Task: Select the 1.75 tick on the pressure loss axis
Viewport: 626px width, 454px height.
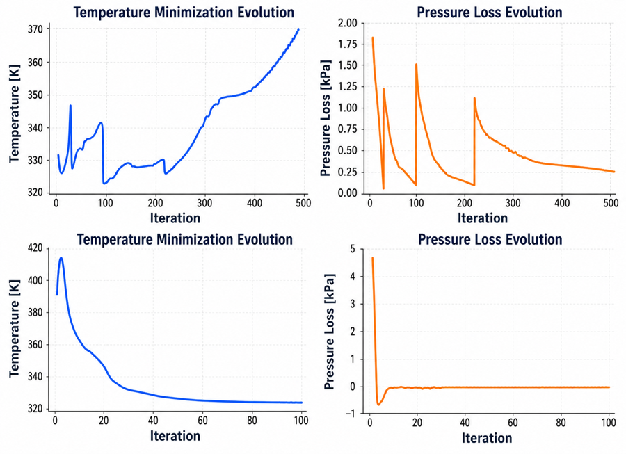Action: click(x=347, y=44)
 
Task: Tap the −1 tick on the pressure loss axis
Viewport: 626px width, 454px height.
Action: click(x=349, y=414)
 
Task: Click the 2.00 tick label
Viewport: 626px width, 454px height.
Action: click(x=347, y=23)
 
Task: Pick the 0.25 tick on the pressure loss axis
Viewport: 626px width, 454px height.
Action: click(x=347, y=172)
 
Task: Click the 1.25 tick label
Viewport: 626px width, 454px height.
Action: click(x=347, y=87)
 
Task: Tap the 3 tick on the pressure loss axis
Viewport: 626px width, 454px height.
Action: click(x=352, y=304)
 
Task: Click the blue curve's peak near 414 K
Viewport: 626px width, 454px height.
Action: click(x=61, y=258)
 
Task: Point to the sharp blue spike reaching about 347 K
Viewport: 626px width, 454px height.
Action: click(x=70, y=106)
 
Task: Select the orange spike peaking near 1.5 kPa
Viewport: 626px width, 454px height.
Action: click(x=416, y=64)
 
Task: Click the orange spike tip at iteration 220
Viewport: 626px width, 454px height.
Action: click(x=474, y=98)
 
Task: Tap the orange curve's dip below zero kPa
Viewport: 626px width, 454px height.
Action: click(x=378, y=405)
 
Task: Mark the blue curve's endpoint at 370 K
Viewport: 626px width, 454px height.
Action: click(x=298, y=29)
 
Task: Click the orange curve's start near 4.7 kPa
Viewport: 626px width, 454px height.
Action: click(x=373, y=258)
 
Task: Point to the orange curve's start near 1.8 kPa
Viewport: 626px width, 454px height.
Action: click(x=373, y=38)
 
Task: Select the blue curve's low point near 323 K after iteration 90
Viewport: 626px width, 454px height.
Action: click(x=104, y=183)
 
